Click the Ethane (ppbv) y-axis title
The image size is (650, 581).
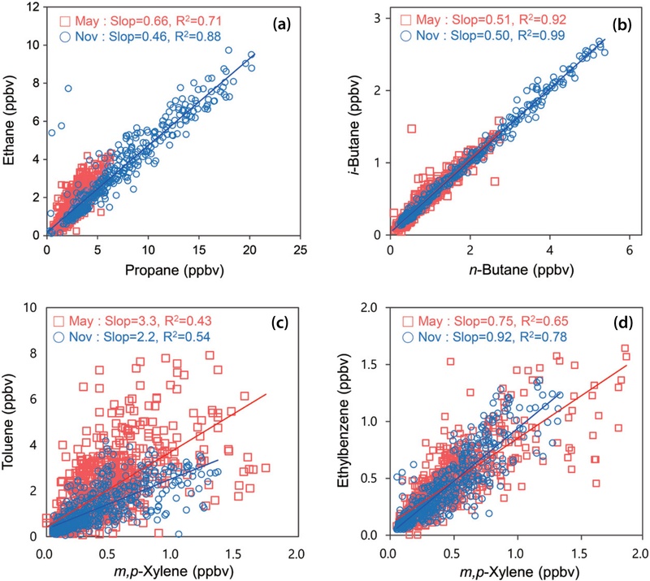[14, 120]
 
